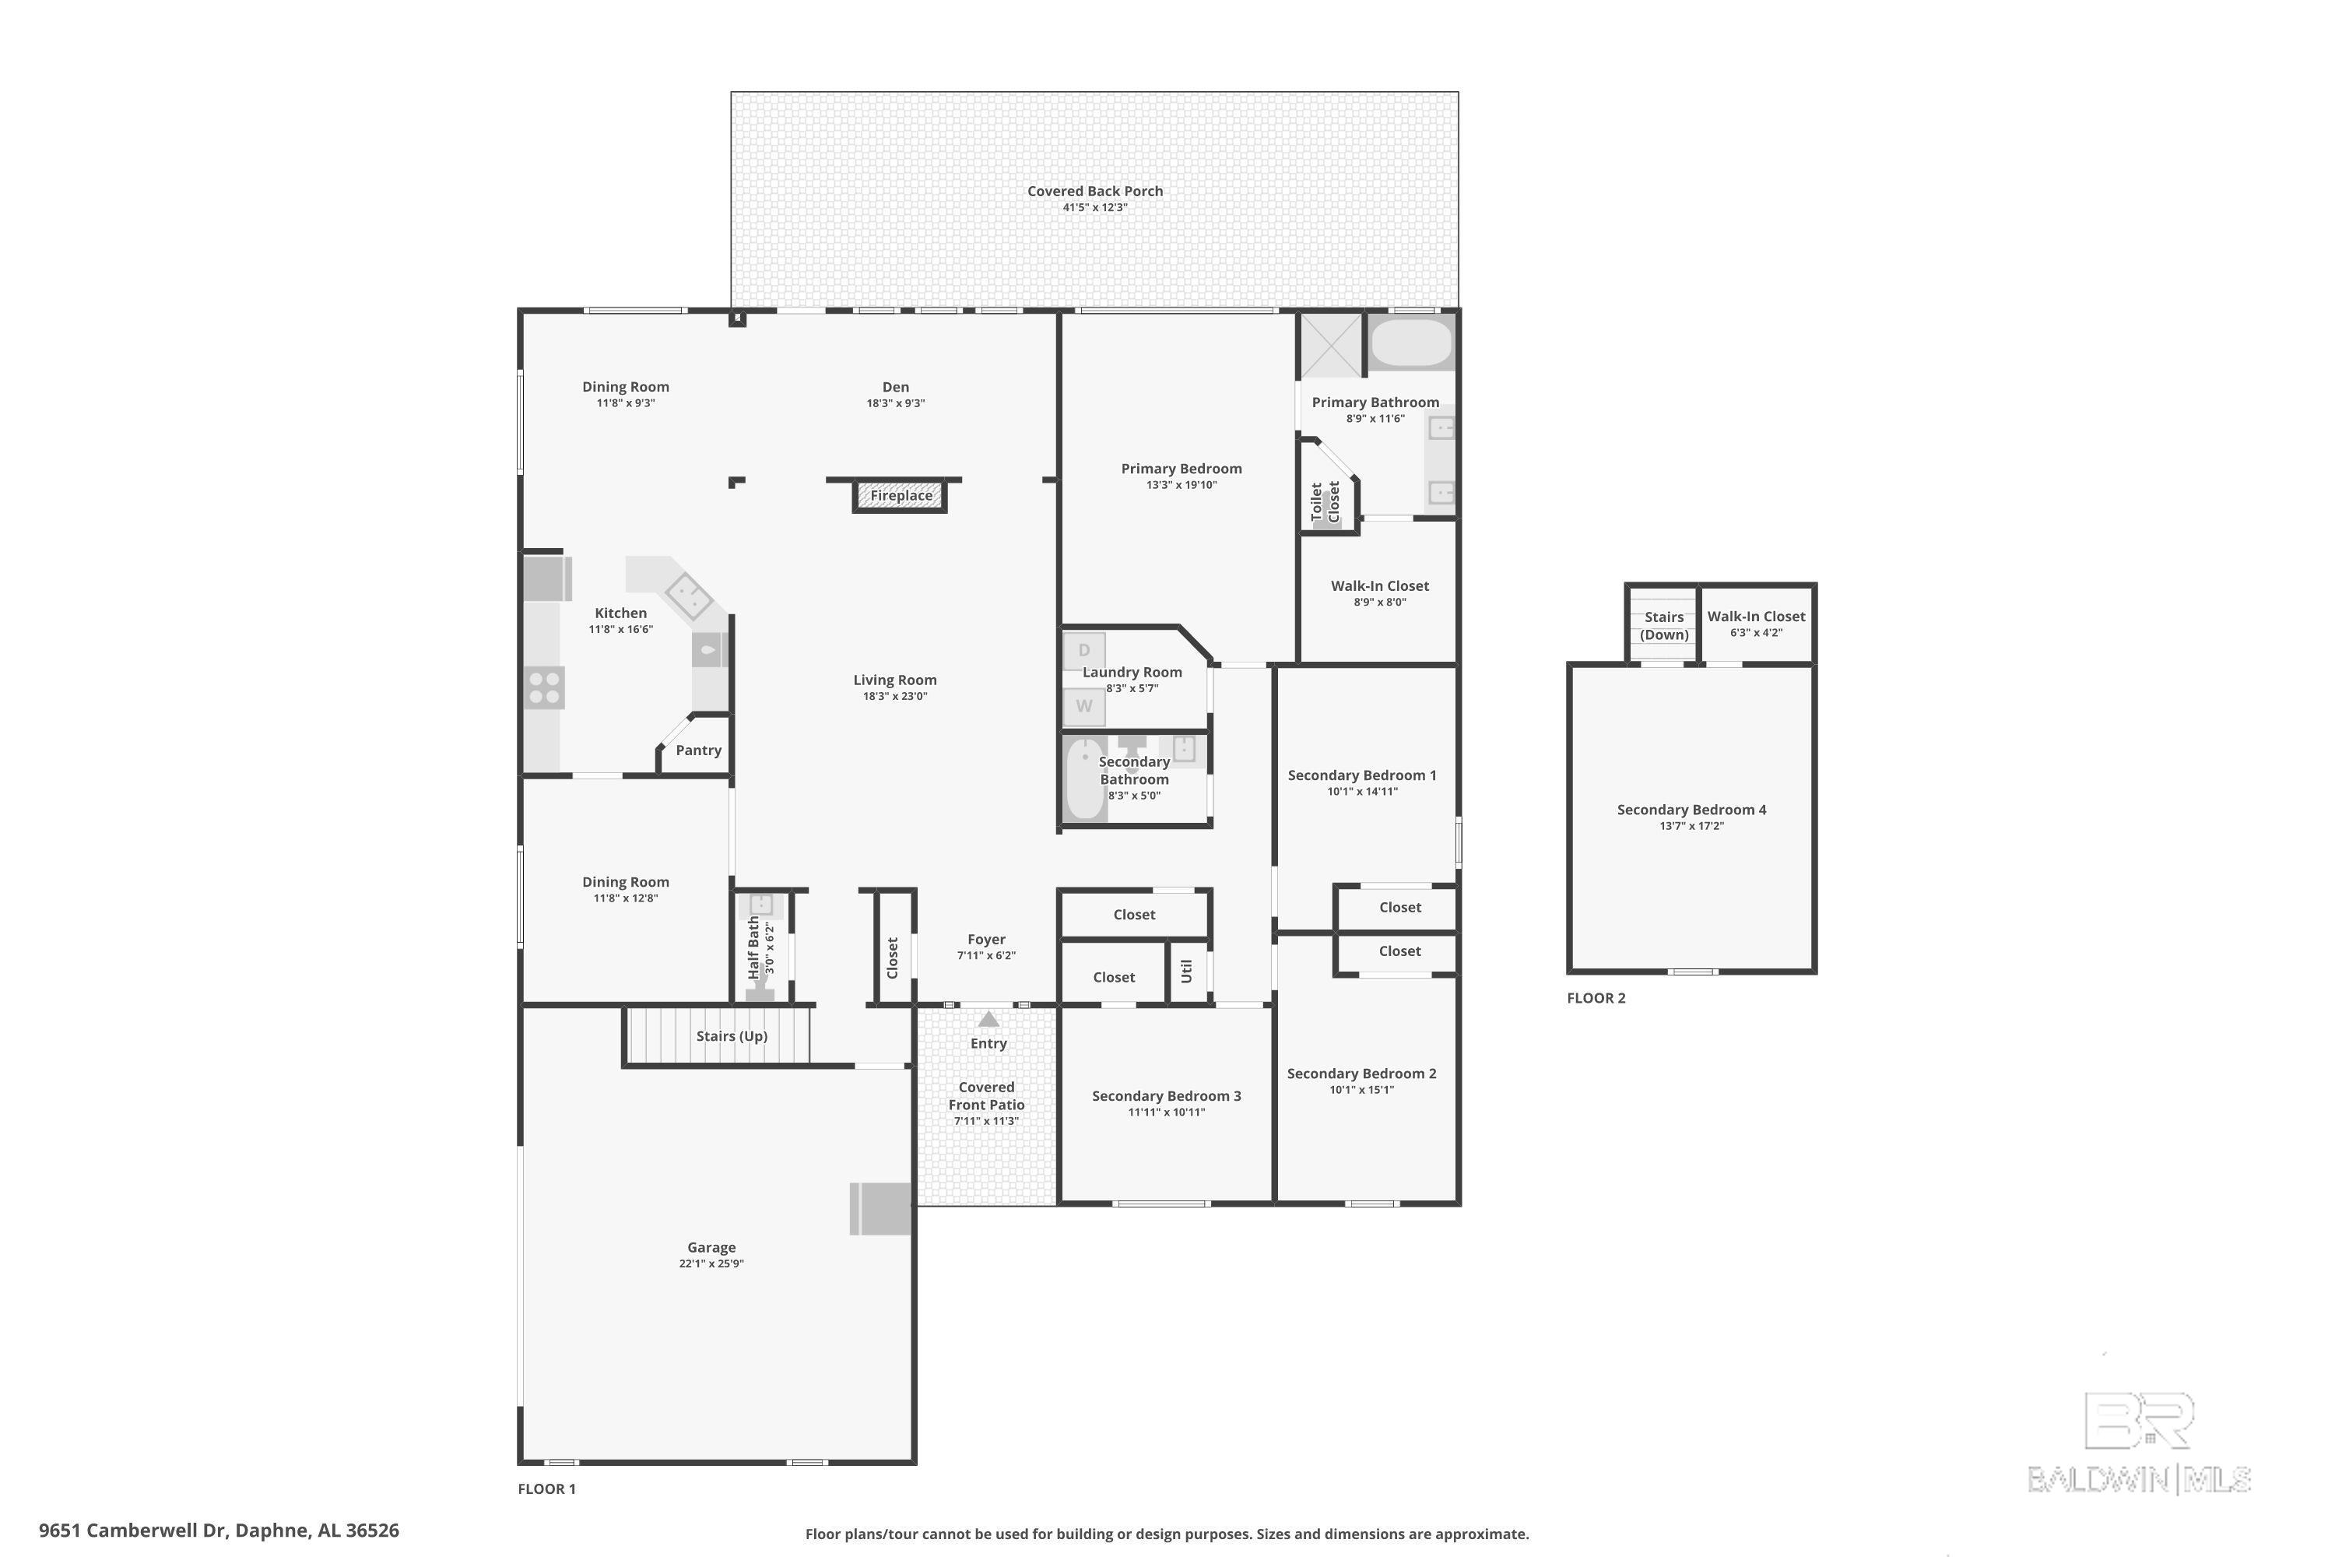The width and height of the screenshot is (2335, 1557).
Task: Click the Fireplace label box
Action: pos(901,495)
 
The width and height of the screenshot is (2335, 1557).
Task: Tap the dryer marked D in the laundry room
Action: pos(1084,650)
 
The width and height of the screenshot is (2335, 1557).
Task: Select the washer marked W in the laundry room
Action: pos(1084,706)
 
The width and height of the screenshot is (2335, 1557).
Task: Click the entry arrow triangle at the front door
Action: pos(988,1019)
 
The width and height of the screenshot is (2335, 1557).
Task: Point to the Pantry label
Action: pos(698,750)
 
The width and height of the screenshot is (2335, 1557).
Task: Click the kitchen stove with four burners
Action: pos(544,688)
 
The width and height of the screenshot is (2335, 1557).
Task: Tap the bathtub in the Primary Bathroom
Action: pos(1410,342)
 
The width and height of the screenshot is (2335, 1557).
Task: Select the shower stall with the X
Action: pos(1330,345)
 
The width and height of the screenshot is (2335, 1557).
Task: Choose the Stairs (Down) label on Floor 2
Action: pos(1664,626)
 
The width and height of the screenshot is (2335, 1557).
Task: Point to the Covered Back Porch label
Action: pos(1095,191)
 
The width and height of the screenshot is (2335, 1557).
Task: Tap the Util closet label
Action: pos(1186,970)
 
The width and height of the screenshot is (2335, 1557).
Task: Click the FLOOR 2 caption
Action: pos(1596,998)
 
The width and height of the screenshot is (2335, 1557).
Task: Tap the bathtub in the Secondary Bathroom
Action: pos(1085,778)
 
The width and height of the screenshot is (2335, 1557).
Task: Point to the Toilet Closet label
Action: pos(1326,502)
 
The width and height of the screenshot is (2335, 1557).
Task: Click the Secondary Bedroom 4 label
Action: pos(1691,810)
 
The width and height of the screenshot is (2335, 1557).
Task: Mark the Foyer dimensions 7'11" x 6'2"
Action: pos(986,955)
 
